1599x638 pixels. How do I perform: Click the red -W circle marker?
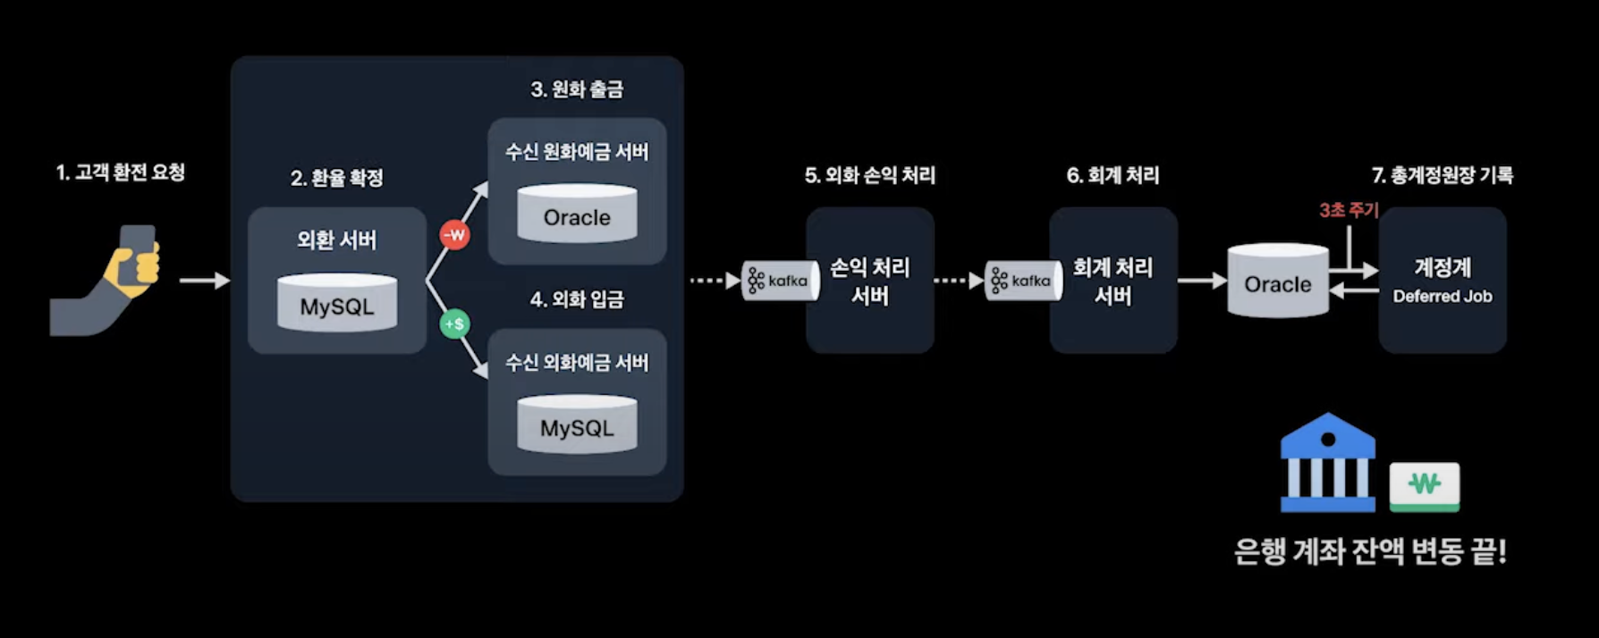point(454,235)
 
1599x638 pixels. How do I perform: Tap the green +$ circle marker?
point(454,323)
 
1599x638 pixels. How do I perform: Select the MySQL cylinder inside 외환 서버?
point(337,304)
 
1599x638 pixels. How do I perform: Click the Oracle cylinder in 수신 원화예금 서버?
point(577,214)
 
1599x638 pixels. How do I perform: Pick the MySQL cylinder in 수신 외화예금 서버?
point(577,425)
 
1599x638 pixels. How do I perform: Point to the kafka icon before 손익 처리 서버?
point(779,281)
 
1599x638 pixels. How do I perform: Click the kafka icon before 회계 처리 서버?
point(1022,281)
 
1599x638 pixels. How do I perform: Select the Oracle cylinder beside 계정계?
point(1277,281)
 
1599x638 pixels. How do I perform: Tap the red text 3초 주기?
point(1349,210)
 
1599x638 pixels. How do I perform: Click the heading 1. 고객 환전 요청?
point(121,172)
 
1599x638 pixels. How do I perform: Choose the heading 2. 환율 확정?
point(337,178)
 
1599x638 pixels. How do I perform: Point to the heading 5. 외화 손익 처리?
point(869,175)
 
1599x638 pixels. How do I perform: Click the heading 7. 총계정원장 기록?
point(1442,175)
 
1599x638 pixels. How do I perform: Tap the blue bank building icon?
point(1327,463)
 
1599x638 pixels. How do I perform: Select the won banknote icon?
point(1424,486)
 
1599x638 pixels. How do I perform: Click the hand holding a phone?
point(107,281)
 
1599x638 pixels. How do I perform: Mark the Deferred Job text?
point(1442,297)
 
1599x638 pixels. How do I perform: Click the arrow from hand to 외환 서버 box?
point(204,281)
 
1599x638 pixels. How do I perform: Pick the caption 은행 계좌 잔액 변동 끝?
point(1370,551)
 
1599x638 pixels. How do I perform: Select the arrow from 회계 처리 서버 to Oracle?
point(1201,281)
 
